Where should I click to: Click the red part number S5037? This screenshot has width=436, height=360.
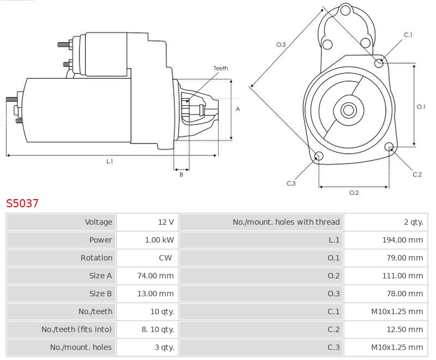tap(22, 203)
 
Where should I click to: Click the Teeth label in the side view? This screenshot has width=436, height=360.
tap(221, 68)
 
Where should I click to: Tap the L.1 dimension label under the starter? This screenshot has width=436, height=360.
tap(110, 161)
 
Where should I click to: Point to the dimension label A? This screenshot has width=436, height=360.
tap(238, 109)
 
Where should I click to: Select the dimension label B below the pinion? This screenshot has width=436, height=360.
tap(181, 175)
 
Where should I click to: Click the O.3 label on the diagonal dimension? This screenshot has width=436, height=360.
tap(281, 44)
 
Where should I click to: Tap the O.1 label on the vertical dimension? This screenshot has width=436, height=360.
tap(421, 107)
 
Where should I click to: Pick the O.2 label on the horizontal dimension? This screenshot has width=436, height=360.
tap(354, 192)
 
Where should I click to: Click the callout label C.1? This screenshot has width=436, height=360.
tap(408, 35)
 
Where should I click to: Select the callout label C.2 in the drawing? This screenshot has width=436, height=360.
tap(417, 175)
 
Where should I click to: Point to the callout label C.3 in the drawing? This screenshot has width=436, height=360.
tap(291, 183)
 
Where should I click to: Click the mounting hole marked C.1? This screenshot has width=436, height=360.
tap(379, 63)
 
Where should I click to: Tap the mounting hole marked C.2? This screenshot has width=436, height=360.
tap(389, 147)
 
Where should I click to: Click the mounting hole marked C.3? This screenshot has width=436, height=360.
tap(319, 157)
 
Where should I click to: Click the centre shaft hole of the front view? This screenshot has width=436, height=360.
tap(347, 110)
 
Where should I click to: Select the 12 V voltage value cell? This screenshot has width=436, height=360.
tap(166, 222)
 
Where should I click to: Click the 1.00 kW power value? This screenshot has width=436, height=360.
tap(159, 240)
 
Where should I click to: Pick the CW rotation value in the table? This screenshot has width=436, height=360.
tap(166, 258)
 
